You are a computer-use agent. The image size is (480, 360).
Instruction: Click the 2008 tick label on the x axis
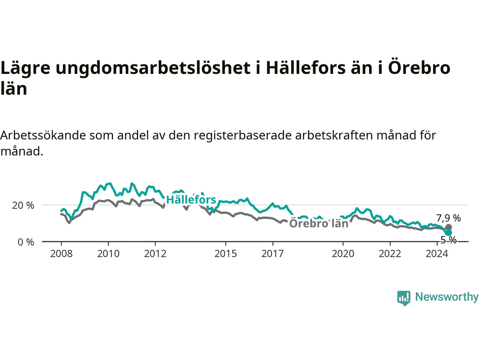[x=61, y=253]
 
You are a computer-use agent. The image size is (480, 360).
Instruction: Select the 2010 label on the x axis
[x=108, y=253]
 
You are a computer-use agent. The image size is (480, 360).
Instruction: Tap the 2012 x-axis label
[x=155, y=253]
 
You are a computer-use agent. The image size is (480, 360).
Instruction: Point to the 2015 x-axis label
[x=226, y=253]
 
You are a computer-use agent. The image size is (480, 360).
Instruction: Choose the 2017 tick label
[x=273, y=253]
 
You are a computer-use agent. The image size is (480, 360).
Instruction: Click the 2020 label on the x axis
[x=343, y=253]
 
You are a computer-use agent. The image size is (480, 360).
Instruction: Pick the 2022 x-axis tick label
[x=390, y=253]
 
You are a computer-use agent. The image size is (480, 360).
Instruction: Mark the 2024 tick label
[x=437, y=253]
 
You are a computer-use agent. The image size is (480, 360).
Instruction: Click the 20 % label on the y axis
[x=23, y=205]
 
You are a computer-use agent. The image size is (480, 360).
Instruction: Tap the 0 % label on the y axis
[x=26, y=242]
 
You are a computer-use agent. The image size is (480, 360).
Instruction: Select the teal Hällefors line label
[x=191, y=199]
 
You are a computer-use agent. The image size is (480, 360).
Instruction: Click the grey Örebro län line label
[x=319, y=223]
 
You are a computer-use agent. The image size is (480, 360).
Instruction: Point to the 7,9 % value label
[x=448, y=218]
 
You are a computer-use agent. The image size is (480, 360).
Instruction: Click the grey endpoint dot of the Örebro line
[x=448, y=227]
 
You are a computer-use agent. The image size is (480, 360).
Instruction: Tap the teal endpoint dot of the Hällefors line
[x=448, y=232]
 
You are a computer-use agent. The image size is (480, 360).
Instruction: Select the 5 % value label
[x=448, y=240]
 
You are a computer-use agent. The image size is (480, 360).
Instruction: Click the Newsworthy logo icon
[x=403, y=298]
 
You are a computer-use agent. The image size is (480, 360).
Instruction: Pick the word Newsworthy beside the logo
[x=447, y=297]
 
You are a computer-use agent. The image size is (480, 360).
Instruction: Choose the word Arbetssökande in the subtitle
[x=43, y=135]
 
